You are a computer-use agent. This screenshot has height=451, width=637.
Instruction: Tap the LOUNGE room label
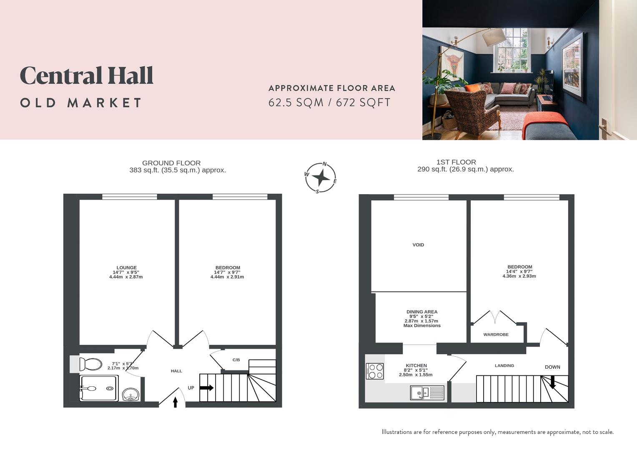(126, 268)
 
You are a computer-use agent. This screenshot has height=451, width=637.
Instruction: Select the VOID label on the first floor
(418, 245)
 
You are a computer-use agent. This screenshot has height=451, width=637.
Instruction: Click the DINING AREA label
(422, 312)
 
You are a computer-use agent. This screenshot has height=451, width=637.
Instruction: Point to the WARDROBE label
(496, 334)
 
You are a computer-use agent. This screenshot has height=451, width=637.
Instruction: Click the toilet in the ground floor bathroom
(90, 364)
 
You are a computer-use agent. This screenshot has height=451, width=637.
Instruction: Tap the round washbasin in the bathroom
(131, 394)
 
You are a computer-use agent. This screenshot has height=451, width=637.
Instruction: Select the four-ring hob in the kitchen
(375, 371)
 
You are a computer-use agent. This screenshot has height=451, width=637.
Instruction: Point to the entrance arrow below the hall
(175, 402)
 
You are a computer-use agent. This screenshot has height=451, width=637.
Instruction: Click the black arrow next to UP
(206, 388)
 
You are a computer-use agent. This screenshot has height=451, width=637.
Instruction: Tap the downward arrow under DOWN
(552, 382)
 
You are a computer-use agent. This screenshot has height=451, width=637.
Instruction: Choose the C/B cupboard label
(236, 360)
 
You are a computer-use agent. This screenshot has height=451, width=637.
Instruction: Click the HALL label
(176, 371)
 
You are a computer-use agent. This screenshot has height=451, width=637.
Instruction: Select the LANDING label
(504, 366)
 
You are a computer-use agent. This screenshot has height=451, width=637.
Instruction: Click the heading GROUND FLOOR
(171, 163)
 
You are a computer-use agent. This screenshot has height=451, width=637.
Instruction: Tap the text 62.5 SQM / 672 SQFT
(329, 103)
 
